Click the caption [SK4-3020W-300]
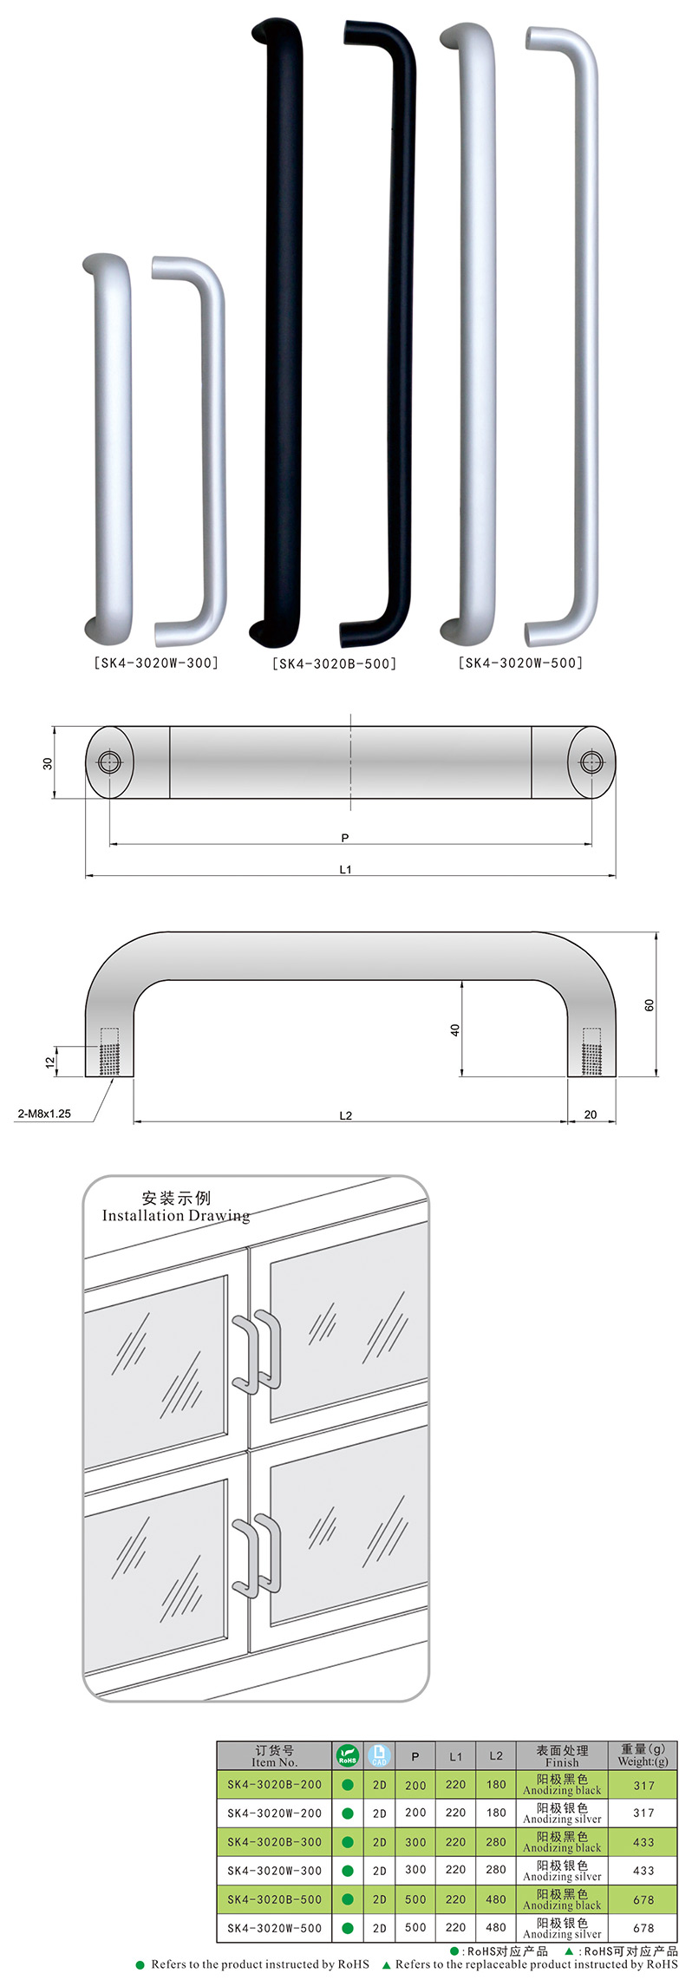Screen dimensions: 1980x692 (x=156, y=663)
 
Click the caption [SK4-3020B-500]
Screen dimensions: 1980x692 (x=334, y=664)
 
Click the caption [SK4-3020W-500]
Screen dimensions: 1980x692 (x=520, y=663)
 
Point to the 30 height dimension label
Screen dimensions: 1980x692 (x=48, y=763)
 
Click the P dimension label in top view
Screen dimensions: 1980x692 (x=345, y=838)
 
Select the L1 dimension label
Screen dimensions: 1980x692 (x=345, y=869)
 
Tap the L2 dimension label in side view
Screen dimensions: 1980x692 (x=345, y=1115)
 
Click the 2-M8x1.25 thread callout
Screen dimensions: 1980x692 (x=44, y=1114)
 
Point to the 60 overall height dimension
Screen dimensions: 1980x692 (x=650, y=1005)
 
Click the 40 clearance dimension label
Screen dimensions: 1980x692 (x=455, y=1030)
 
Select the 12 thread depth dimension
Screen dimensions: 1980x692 (x=50, y=1061)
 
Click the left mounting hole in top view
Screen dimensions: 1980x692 (x=109, y=762)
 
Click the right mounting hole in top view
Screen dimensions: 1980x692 (x=591, y=762)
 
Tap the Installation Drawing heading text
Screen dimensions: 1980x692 (x=176, y=1215)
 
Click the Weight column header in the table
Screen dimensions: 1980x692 (x=643, y=1755)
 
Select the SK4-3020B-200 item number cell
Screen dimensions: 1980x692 (x=274, y=1785)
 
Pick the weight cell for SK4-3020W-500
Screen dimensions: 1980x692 (x=643, y=1928)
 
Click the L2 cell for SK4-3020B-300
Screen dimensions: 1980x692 (x=496, y=1842)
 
